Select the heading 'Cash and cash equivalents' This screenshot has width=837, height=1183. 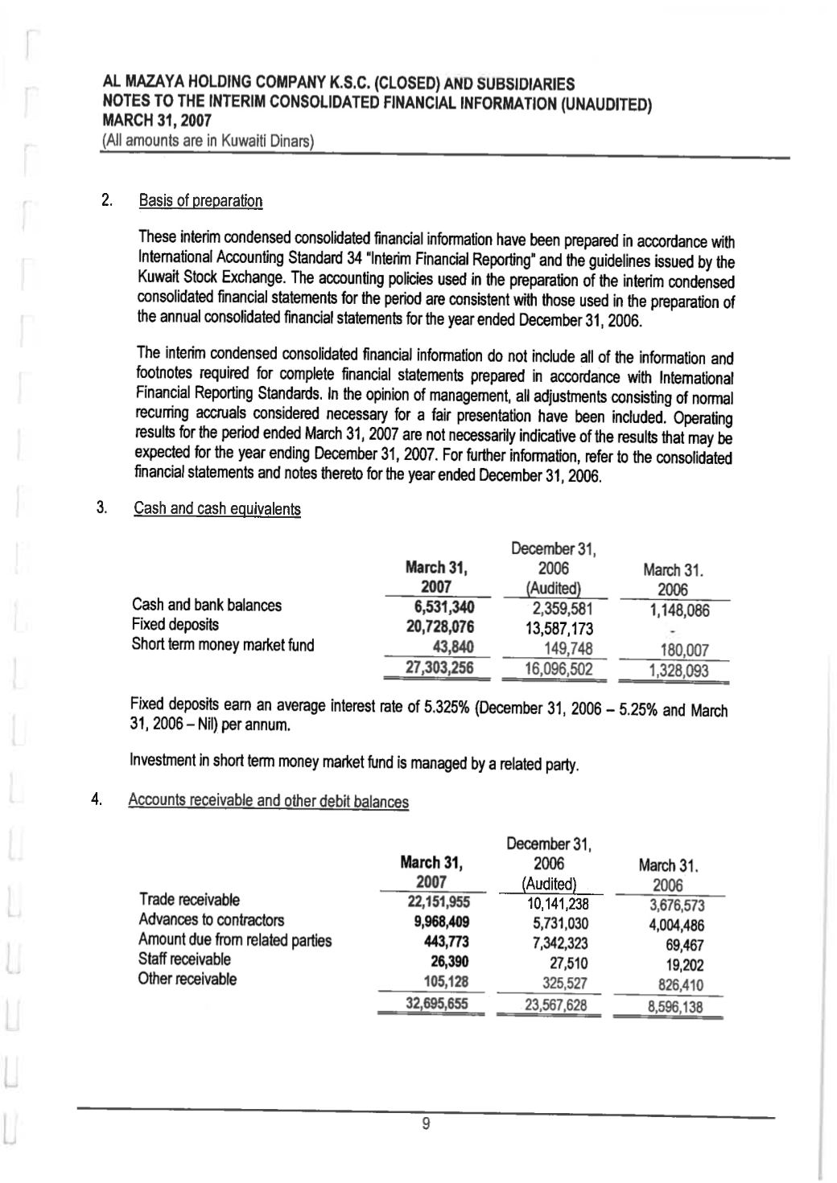(217, 509)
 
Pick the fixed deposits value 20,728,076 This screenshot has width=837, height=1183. (439, 626)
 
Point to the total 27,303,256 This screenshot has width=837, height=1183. (439, 668)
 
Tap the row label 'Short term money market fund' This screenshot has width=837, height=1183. (222, 645)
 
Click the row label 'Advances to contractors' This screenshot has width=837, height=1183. (211, 920)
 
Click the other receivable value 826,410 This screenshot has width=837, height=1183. (680, 985)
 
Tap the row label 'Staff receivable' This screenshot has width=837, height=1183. (184, 959)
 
